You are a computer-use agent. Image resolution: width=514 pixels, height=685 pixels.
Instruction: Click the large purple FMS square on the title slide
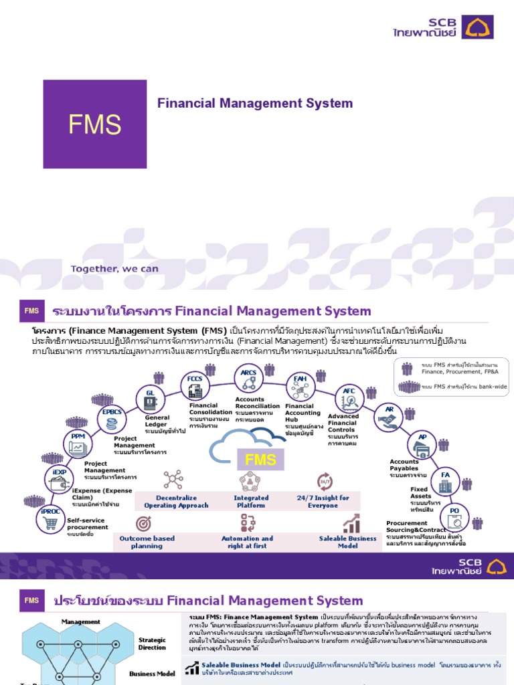coord(95,125)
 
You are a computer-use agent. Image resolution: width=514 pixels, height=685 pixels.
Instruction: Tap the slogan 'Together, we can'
coord(115,270)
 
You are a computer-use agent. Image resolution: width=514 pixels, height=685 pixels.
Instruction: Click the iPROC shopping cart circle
coord(50,520)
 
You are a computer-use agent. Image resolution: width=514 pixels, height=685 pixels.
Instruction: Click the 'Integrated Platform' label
coord(251,502)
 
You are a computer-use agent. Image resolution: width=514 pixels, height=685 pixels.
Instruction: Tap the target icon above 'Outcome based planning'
coord(143,523)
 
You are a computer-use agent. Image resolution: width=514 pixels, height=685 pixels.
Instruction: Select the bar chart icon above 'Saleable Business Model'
coord(351,523)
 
